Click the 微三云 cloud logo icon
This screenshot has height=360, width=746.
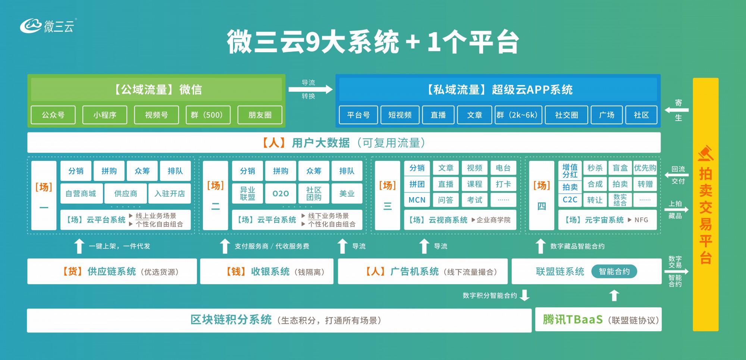[x=31, y=26]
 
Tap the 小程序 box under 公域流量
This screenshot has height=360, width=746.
[x=105, y=115]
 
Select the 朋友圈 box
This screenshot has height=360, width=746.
[x=260, y=115]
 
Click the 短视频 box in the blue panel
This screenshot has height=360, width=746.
[x=400, y=115]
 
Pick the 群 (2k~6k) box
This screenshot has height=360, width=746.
[x=517, y=115]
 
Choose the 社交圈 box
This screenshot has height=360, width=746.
[x=567, y=115]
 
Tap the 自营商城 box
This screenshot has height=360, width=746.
[x=81, y=193]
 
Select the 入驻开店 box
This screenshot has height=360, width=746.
[x=170, y=193]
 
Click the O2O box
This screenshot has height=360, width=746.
[x=280, y=193]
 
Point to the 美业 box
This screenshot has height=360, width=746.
[x=347, y=193]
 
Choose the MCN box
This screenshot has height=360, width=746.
[x=417, y=200]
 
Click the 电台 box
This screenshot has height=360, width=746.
[x=503, y=168]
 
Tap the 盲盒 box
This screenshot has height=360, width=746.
[x=620, y=168]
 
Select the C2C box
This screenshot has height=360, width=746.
[x=570, y=200]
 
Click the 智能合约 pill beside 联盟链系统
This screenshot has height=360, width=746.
[x=614, y=271]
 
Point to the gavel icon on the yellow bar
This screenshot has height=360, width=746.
[x=706, y=153]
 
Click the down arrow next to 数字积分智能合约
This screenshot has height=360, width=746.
[x=525, y=295]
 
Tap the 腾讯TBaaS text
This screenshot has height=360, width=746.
[x=573, y=320]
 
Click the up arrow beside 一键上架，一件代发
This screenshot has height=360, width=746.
[x=79, y=246]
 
